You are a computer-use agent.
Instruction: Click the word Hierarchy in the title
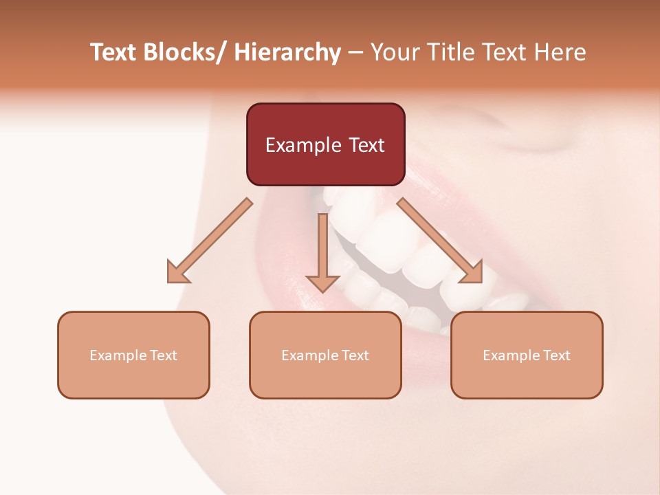287,53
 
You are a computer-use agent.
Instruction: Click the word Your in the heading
396,53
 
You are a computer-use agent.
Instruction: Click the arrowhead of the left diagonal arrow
178,272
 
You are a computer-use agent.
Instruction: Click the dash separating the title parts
355,53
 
